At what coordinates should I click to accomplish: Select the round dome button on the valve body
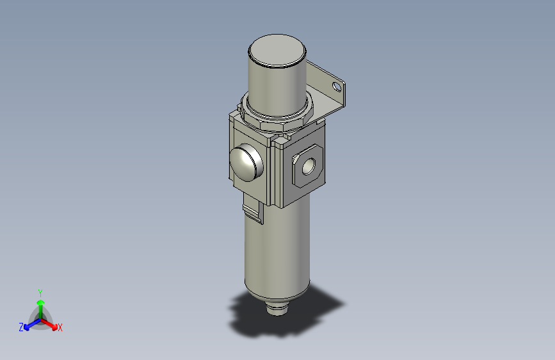pyautogui.click(x=246, y=163)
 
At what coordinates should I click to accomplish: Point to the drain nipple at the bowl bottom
pyautogui.click(x=277, y=308)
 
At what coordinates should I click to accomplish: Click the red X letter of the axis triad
pyautogui.click(x=60, y=327)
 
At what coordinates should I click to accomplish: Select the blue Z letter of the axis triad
pyautogui.click(x=21, y=327)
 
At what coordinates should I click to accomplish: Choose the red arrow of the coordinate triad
pyautogui.click(x=51, y=323)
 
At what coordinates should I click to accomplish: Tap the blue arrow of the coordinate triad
pyautogui.click(x=29, y=323)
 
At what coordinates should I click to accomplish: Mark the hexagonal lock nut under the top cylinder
pyautogui.click(x=275, y=119)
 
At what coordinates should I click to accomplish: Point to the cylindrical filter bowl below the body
pyautogui.click(x=275, y=256)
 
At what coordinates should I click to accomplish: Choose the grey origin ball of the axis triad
pyautogui.click(x=40, y=318)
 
